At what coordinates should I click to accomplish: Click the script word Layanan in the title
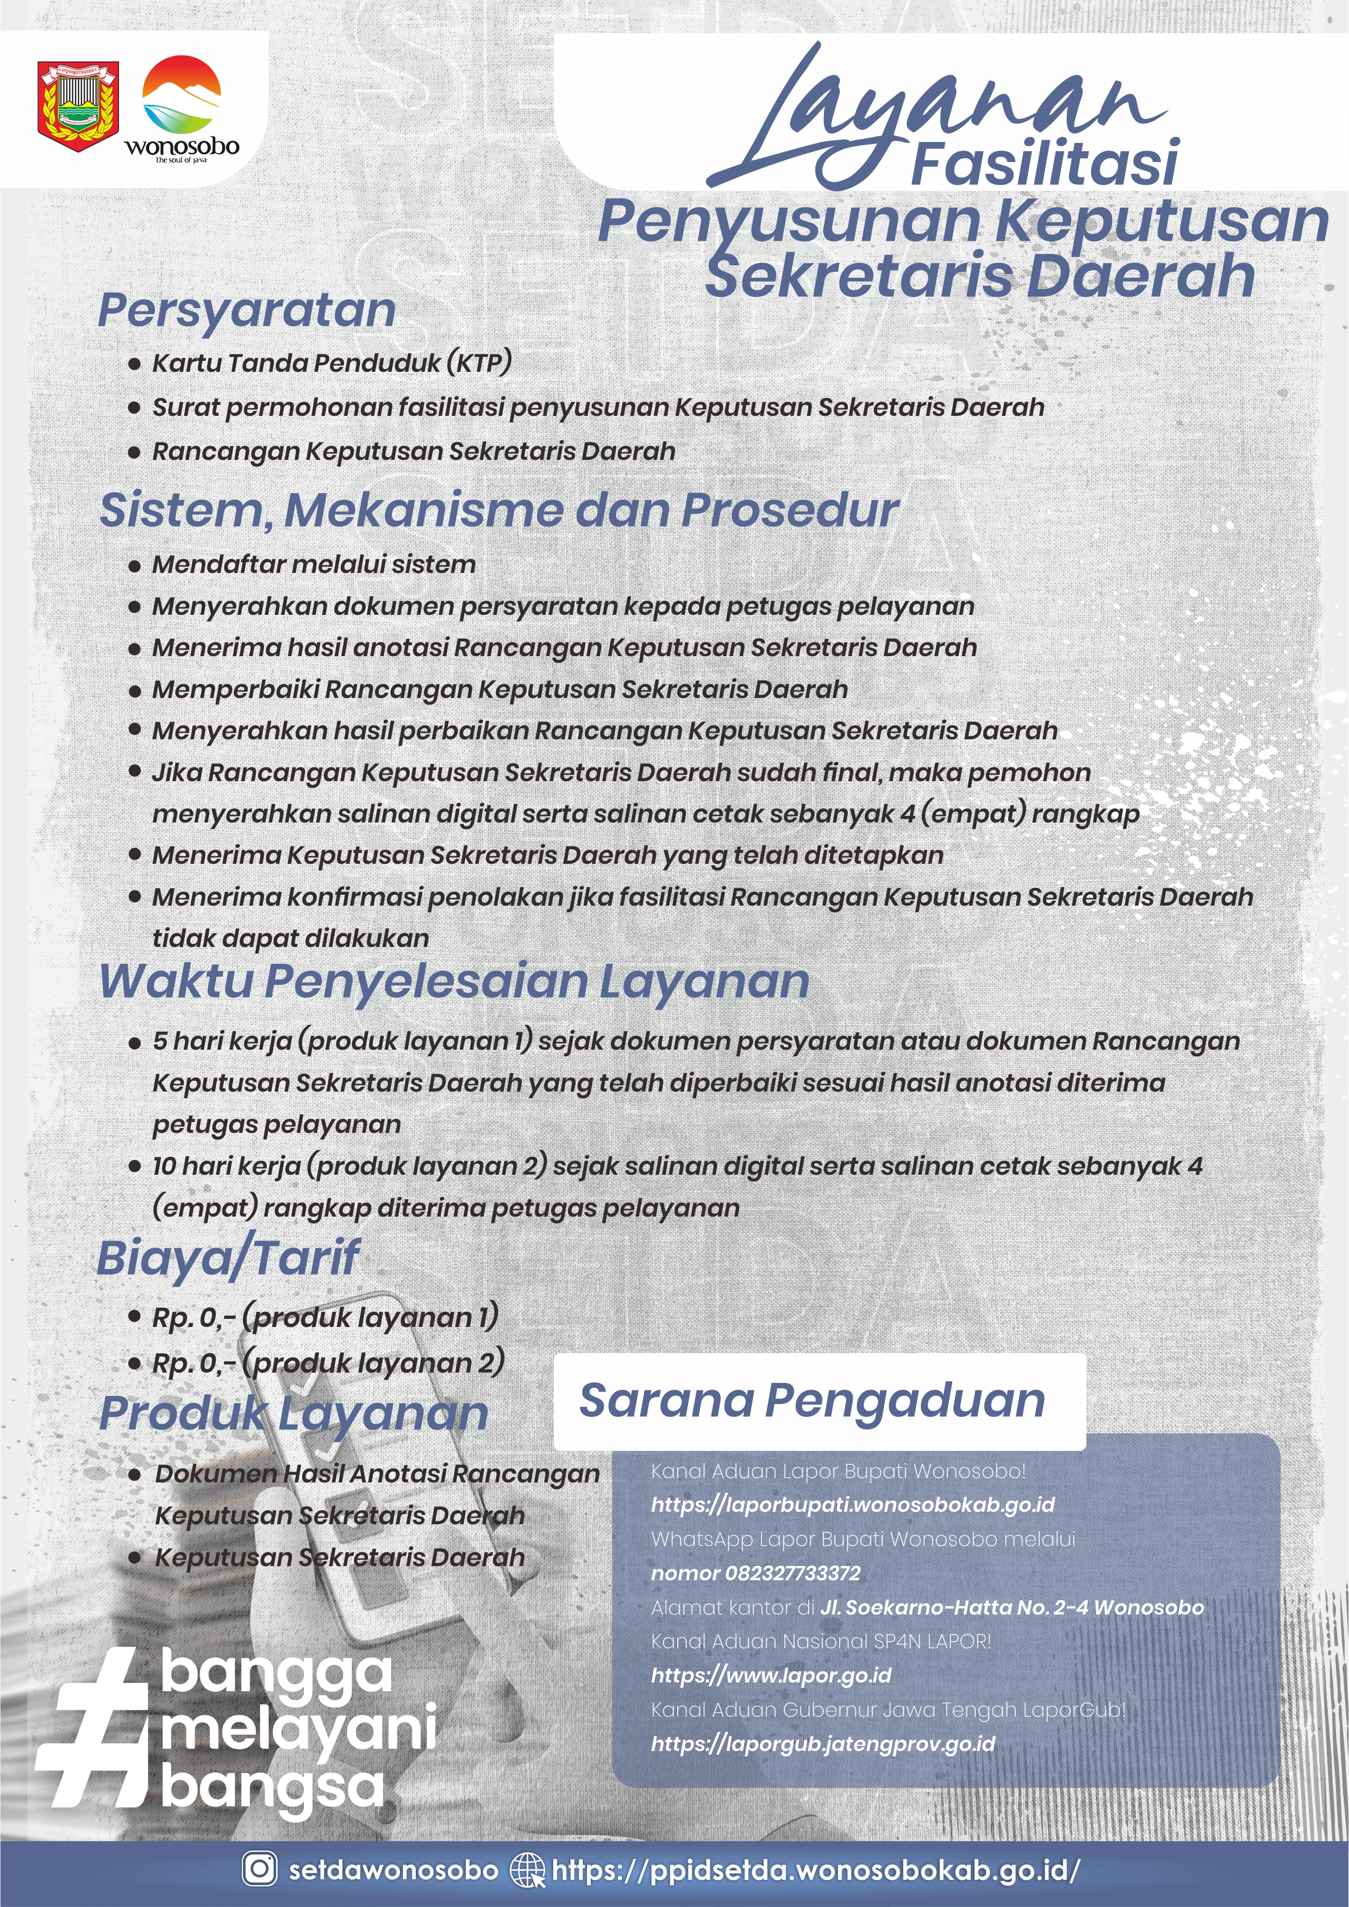[x=939, y=116]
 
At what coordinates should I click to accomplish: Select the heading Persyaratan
[x=247, y=310]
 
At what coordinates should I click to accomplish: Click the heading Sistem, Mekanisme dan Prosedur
[x=498, y=510]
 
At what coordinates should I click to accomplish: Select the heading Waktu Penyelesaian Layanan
[x=453, y=981]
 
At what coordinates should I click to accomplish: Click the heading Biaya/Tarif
[x=228, y=1257]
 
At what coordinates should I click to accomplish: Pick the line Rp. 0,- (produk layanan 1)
[x=325, y=1317]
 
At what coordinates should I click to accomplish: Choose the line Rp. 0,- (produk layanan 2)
[x=328, y=1363]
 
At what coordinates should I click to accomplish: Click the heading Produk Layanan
[x=292, y=1413]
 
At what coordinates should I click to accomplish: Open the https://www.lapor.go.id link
[x=770, y=1675]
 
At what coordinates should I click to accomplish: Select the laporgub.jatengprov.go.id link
[x=822, y=1743]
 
